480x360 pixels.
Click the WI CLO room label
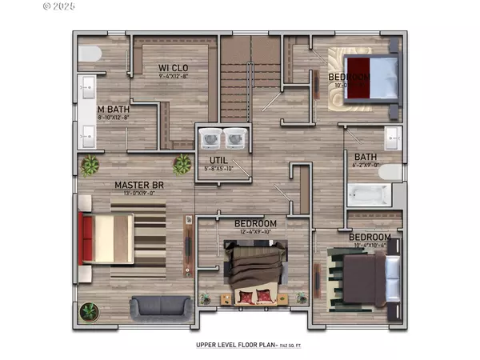(x=174, y=67)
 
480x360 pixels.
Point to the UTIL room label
(x=209, y=160)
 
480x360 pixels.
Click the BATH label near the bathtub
(x=366, y=157)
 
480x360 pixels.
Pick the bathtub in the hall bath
(x=369, y=194)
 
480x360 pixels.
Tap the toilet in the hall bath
(x=390, y=172)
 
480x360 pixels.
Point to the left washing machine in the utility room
(x=211, y=139)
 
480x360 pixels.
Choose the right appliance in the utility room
(x=235, y=139)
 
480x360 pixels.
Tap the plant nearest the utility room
(x=183, y=164)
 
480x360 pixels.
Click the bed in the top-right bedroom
(x=371, y=78)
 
